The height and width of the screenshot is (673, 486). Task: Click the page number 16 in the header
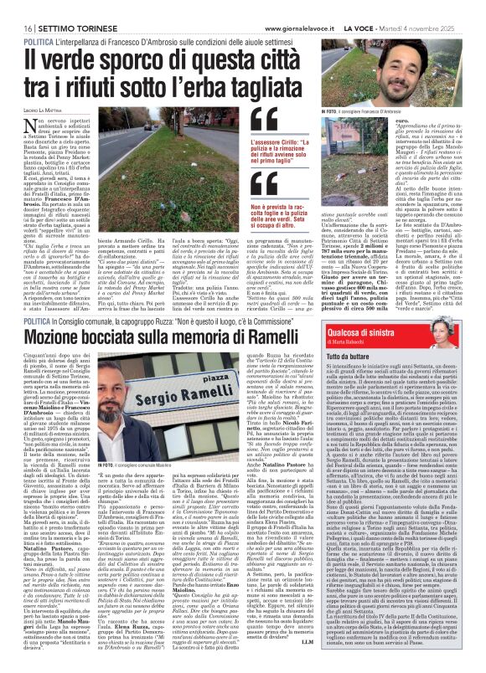pyautogui.click(x=17, y=7)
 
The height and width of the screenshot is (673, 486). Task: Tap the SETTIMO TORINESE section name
pyautogui.click(x=59, y=7)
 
